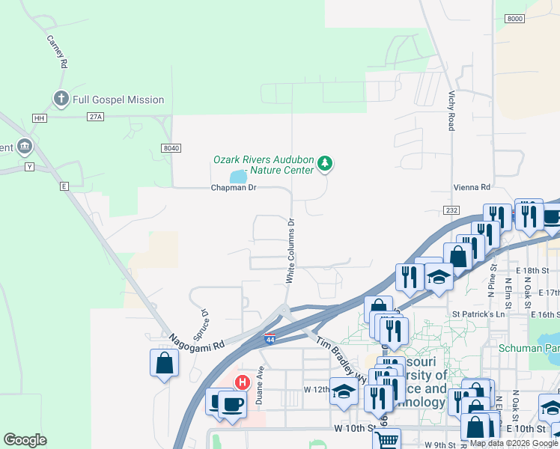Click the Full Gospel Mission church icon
[61, 99]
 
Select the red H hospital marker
[243, 382]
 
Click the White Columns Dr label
[291, 251]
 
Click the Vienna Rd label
[471, 187]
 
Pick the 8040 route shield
[171, 148]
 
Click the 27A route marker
[94, 117]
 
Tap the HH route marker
[40, 118]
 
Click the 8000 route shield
[514, 18]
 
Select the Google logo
[25, 439]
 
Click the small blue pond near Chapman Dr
[239, 177]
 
